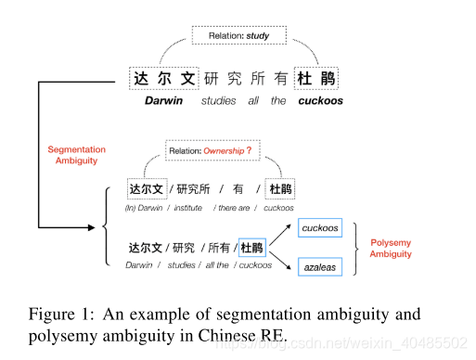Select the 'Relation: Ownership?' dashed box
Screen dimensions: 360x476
209,150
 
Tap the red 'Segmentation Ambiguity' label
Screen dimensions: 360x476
76,155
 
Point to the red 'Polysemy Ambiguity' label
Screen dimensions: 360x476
390,248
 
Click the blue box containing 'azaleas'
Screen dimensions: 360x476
320,267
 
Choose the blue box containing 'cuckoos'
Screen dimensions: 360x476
320,228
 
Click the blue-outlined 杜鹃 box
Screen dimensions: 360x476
251,248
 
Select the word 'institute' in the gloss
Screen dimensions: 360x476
188,208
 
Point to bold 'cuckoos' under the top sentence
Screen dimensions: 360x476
319,100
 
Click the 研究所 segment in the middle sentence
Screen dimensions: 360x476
195,189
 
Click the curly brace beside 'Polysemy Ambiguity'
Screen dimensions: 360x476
356,248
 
